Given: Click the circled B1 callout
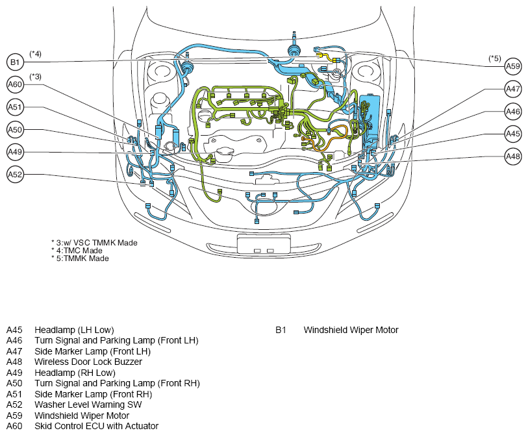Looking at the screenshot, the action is pos(15,62).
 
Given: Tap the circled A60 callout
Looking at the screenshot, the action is pos(15,84).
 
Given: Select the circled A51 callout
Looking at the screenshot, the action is pos(15,107).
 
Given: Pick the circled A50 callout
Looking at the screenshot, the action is pos(15,130).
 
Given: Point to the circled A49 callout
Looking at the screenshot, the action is pos(15,152).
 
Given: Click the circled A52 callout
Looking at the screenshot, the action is pos(15,175).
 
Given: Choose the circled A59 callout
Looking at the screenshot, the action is pos(513,66).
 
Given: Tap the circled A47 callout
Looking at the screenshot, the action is pos(513,89).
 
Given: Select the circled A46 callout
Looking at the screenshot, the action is pos(513,112).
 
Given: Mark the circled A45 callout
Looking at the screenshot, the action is pos(513,134).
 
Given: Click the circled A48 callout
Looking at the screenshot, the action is pos(513,156).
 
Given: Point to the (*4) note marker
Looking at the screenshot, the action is pos(35,54).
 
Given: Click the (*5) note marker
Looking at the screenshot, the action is pos(495,58).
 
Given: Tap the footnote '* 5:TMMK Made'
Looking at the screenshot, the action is pos(80,258).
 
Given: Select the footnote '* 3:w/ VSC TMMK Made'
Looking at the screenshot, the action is pos(94,243).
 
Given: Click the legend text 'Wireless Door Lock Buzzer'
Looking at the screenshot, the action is pos(88,362).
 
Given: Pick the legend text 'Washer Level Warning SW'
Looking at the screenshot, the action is pos(88,404).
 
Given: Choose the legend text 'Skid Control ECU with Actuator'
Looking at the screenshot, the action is pos(96,427).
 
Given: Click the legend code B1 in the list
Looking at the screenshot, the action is pos(281,330).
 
